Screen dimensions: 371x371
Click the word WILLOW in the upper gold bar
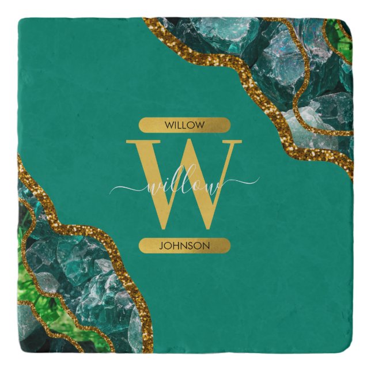pos(184,125)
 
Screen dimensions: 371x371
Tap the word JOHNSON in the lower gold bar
pos(184,246)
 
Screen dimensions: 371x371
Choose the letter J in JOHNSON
pos(160,246)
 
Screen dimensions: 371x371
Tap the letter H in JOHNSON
pos(175,246)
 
